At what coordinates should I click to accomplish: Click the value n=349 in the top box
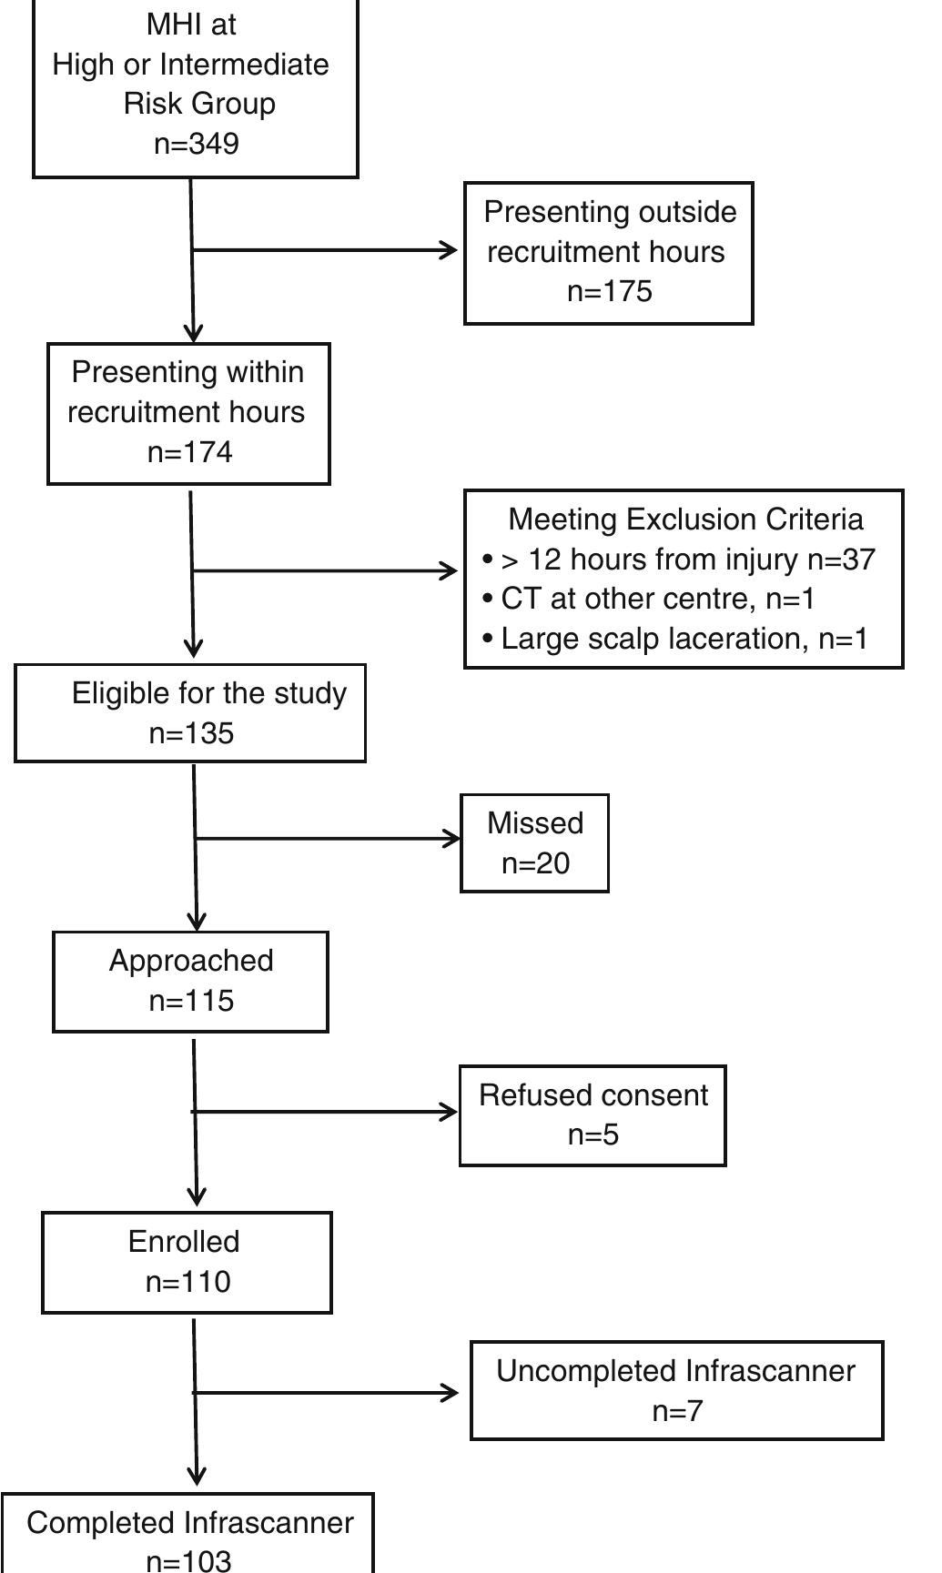pos(197,144)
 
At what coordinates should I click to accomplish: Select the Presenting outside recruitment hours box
pos(608,253)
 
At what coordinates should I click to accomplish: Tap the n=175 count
pos(609,291)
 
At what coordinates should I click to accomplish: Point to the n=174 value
pos(189,452)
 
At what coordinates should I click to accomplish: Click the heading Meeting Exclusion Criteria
pos(685,519)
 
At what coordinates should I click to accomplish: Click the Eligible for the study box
pos(190,713)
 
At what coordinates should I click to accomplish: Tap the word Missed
pos(535,822)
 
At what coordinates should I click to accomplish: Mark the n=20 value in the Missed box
pos(535,862)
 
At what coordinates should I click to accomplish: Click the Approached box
pos(190,981)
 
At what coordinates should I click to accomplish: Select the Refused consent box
pos(593,1114)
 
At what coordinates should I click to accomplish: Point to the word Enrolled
pos(184,1241)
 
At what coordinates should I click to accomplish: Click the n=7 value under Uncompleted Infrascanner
pos(677,1411)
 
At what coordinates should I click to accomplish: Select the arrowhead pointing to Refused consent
pos(450,1112)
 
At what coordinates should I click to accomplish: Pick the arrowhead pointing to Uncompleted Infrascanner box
pos(451,1392)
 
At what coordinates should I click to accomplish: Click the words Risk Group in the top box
pos(199,104)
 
